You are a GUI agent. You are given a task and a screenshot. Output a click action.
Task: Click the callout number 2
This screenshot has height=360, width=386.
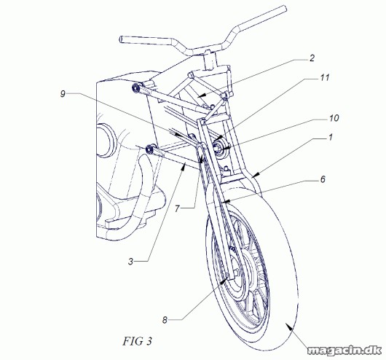coord(312,58)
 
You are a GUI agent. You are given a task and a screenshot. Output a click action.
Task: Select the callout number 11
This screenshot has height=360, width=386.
coord(324,78)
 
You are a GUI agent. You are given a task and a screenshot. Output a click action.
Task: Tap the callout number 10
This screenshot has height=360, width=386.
coord(334,118)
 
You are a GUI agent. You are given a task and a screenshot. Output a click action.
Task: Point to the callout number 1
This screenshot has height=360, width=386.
coord(331,137)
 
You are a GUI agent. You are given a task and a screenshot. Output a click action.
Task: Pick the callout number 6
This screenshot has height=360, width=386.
coord(323,179)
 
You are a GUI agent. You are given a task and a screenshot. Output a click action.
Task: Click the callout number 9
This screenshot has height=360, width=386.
coord(63,93)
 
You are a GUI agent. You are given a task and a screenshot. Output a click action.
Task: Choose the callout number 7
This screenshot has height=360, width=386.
coord(177,208)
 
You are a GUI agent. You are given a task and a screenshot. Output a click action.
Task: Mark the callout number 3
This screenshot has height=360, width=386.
coord(130,261)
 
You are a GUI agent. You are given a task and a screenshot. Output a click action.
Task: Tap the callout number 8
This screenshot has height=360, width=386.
coord(165,320)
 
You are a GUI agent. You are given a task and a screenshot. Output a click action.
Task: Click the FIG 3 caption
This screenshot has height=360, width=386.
coord(137,341)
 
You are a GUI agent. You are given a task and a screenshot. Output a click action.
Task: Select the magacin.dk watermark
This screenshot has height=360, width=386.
coord(344,351)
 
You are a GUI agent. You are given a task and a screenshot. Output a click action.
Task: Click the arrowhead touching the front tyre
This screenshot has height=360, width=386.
coord(289,326)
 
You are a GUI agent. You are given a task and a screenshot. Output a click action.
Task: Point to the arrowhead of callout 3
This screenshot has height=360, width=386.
coord(183,168)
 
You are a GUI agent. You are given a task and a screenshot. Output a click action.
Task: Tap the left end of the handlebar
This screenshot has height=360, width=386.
coord(121,39)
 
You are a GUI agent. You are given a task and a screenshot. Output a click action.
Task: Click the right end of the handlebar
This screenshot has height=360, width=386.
coord(284,9)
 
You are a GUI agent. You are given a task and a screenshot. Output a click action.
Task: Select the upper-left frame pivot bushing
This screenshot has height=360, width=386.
coord(135,88)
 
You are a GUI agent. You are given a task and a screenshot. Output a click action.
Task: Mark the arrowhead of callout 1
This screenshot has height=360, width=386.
coord(255,175)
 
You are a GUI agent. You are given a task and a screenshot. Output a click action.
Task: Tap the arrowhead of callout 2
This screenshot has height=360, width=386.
coord(201,95)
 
